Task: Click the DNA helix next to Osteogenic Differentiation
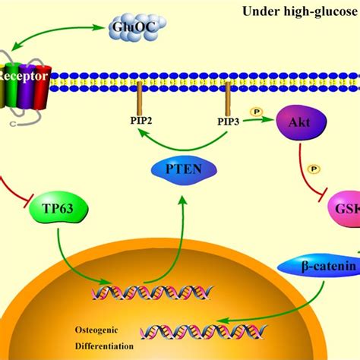point(182,329)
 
